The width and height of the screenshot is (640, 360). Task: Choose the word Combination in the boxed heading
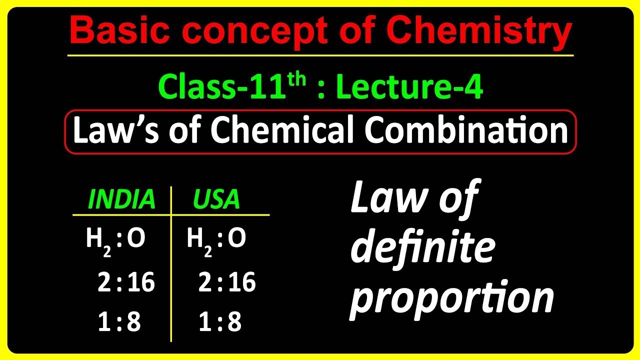coord(466,131)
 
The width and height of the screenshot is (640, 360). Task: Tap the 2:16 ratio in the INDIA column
coord(126,283)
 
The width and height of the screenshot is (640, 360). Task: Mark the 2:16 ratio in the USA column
coord(227,283)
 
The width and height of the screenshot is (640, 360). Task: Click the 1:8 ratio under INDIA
coord(119,323)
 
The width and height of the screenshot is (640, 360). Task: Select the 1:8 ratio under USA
coord(220,323)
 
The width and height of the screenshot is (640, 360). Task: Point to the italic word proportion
coord(451,298)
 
